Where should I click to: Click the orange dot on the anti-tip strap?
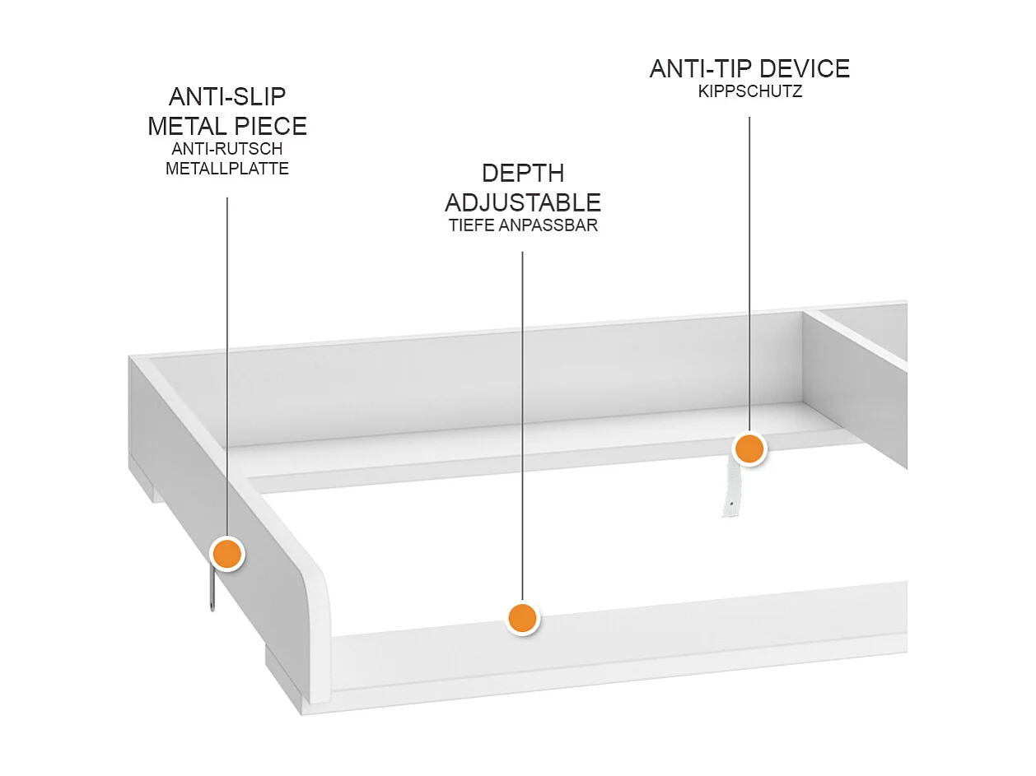tap(749, 449)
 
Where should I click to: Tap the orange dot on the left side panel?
tap(227, 554)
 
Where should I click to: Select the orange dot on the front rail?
tap(522, 617)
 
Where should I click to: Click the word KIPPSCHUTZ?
tap(749, 92)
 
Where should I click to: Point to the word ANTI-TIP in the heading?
tap(700, 69)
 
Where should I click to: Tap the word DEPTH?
tap(523, 174)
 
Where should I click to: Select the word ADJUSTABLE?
tap(523, 202)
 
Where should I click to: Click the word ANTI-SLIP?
tap(227, 97)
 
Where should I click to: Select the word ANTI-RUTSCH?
tap(227, 150)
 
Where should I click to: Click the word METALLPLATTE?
tap(227, 170)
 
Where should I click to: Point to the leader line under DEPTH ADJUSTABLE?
tap(523, 411)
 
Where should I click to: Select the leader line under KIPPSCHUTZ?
tap(749, 272)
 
